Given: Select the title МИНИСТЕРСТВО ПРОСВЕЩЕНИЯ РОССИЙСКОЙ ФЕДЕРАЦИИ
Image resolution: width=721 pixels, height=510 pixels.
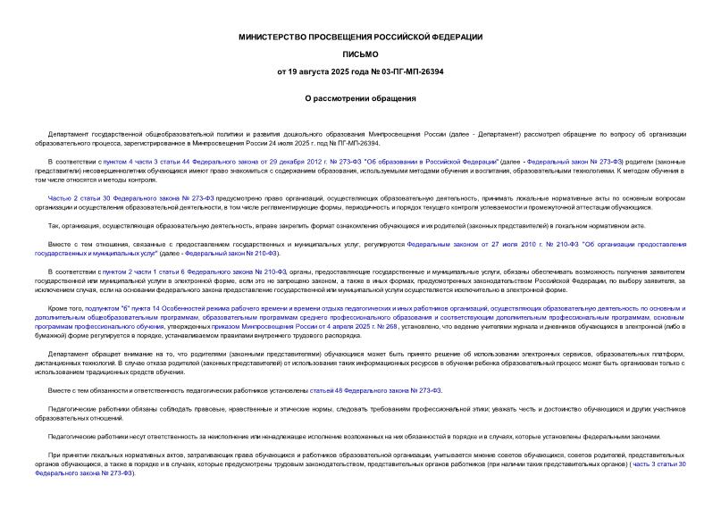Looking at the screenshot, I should (359, 37).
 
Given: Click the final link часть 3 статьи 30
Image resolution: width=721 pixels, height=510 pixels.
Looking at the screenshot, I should (658, 465).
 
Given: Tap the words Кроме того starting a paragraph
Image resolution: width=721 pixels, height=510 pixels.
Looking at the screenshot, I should (64, 306).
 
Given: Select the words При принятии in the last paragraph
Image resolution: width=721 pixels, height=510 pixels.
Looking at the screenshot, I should (69, 456).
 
